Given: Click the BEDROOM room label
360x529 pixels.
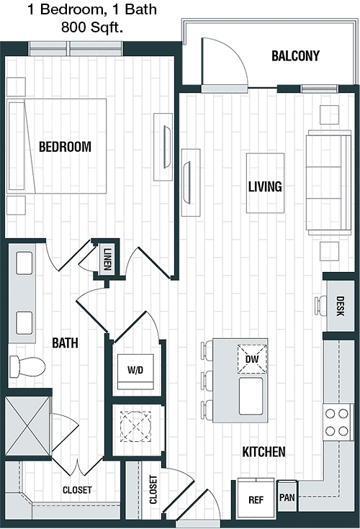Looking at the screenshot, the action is (x=65, y=147).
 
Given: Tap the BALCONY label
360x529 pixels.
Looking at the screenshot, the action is (x=295, y=56).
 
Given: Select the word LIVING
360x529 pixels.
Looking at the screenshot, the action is (x=265, y=186).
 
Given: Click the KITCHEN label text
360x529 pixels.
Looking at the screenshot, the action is (x=264, y=452).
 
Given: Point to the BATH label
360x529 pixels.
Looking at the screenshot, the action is (x=65, y=343).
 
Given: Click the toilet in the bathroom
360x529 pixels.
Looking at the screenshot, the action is (x=27, y=366).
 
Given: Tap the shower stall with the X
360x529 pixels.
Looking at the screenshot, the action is (x=27, y=425).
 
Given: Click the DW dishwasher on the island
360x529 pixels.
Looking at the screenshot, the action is (x=252, y=359).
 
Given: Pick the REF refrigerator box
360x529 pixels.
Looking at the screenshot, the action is (x=256, y=499).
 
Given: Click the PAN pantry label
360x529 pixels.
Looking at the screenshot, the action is (x=287, y=497).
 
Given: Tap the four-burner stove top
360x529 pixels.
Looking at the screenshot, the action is (x=337, y=422).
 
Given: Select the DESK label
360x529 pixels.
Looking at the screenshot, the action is (x=340, y=306).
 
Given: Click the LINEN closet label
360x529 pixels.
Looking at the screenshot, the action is (x=107, y=259).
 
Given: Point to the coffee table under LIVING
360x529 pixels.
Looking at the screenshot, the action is (x=265, y=183).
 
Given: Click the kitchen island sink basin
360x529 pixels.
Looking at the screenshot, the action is (x=251, y=396).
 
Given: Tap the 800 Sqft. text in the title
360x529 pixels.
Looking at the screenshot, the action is (x=91, y=27).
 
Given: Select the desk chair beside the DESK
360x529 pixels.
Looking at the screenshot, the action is (x=320, y=306).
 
